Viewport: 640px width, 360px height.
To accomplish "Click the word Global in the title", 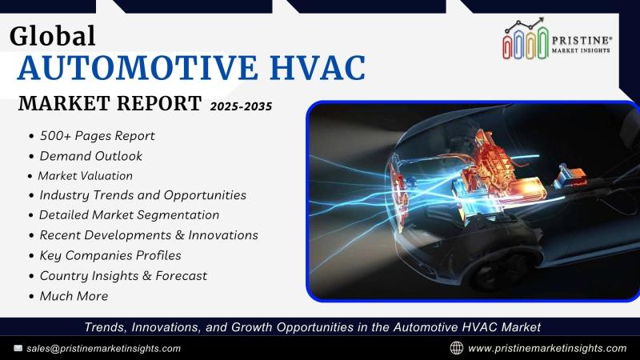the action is [x=52, y=36].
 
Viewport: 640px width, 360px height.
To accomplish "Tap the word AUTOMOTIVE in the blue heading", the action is [x=138, y=67].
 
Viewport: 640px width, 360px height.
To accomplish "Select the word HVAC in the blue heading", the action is [x=318, y=67].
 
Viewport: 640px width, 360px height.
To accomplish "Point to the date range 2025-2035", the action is [x=241, y=106].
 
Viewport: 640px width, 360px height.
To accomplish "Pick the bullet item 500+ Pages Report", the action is [x=97, y=135].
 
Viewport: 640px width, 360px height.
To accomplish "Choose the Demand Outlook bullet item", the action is [x=90, y=156].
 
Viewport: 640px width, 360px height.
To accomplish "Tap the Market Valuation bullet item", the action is [x=85, y=176].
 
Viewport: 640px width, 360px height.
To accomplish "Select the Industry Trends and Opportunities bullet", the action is [x=142, y=195].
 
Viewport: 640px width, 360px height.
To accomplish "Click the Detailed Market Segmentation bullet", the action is [x=129, y=215].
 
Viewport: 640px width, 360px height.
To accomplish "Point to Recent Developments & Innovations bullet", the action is [x=149, y=235].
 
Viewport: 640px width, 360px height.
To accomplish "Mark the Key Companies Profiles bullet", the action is [x=110, y=255].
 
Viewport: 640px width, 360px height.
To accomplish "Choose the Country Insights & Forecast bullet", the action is [x=123, y=276].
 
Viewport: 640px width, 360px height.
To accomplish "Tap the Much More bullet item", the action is [x=74, y=296].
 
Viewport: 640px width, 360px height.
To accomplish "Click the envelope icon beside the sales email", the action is [x=18, y=348].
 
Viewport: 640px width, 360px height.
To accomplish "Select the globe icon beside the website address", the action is [x=456, y=348].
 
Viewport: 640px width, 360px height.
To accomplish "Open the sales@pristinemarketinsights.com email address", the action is [x=104, y=349].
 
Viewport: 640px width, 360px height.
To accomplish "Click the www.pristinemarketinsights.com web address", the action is [x=547, y=349].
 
